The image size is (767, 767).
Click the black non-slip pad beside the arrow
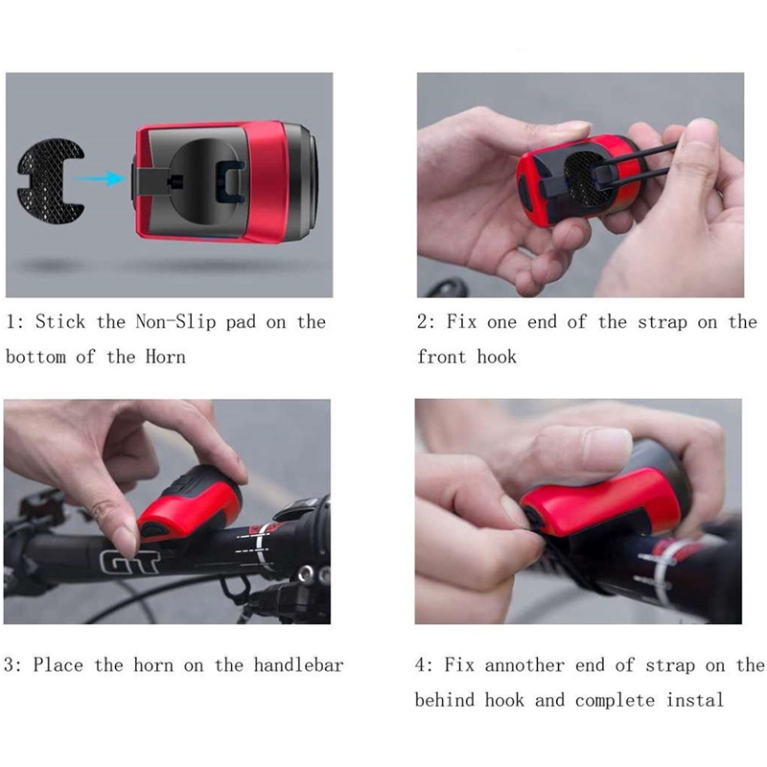[x=51, y=181]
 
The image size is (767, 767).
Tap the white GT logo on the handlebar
[x=129, y=561]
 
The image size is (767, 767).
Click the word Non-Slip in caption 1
[x=175, y=322]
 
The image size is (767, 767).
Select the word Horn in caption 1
[x=165, y=357]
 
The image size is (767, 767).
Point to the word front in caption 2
[x=441, y=357]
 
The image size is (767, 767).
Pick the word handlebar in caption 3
[x=298, y=665]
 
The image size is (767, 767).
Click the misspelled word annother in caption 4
[x=524, y=665]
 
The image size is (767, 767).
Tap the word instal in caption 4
[x=694, y=700]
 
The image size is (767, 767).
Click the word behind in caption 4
[x=445, y=700]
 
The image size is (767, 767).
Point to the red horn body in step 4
[x=602, y=504]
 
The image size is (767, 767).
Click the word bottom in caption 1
[x=35, y=357]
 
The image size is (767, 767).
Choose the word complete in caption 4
[x=615, y=701]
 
